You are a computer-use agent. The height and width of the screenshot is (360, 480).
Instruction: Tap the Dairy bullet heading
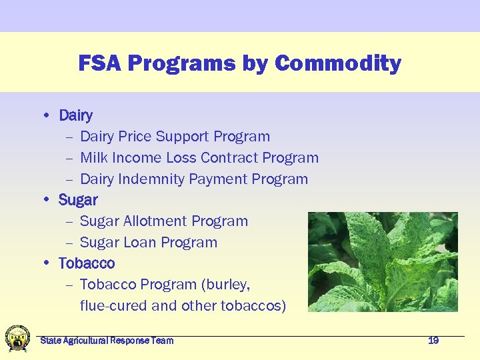tap(75, 115)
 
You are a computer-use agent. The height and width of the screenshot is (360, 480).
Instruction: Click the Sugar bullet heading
tap(78, 200)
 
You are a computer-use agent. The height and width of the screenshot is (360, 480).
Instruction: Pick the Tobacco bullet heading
tap(87, 263)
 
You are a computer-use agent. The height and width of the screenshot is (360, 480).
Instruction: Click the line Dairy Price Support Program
tap(175, 137)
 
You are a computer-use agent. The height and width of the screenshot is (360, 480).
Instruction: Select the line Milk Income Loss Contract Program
tap(199, 158)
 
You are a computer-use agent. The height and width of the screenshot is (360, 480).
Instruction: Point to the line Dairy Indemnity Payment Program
tap(193, 179)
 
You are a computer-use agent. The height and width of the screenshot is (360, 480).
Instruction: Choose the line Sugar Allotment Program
tap(163, 221)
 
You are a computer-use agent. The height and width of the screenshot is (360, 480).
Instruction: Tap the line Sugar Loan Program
tap(148, 243)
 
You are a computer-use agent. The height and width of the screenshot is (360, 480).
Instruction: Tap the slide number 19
tap(433, 341)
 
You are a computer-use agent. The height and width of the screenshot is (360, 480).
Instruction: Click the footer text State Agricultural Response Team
tap(107, 341)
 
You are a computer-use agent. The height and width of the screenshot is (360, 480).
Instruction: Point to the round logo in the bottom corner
tap(17, 339)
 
